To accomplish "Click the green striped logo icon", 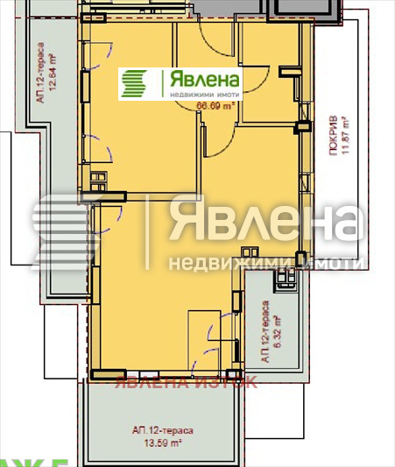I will pyautogui.click(x=136, y=83).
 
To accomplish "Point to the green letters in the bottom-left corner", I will pyautogui.click(x=22, y=461).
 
